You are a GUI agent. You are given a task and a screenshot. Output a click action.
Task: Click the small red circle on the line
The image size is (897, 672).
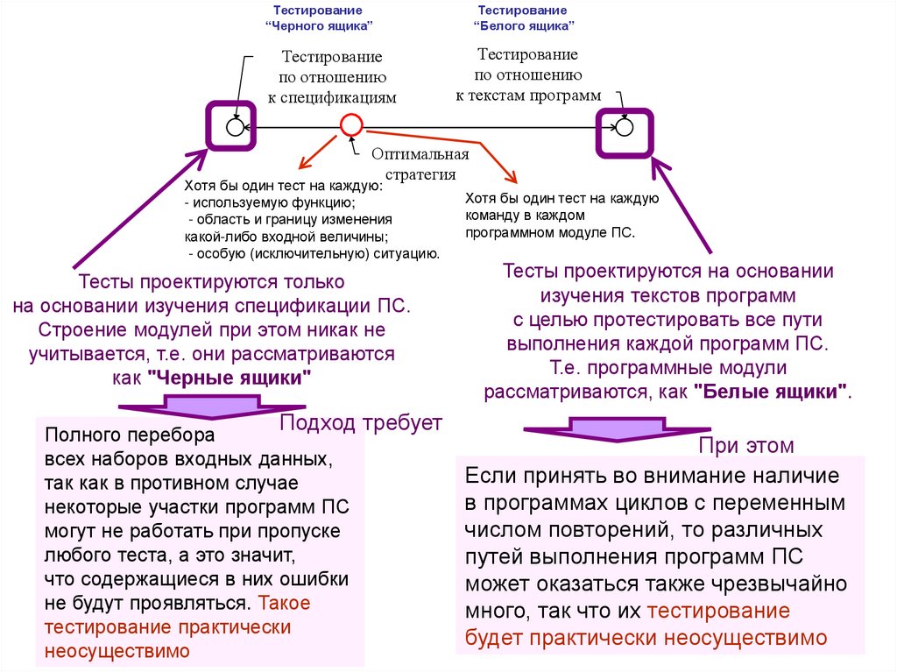tap(350, 125)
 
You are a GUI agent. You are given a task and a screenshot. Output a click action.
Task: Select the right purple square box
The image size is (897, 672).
tap(624, 134)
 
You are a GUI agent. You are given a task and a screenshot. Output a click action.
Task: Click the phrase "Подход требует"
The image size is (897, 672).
tap(361, 424)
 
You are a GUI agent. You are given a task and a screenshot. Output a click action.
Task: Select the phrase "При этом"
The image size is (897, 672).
tap(746, 445)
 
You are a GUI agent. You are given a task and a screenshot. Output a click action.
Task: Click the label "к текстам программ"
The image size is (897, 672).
tap(528, 95)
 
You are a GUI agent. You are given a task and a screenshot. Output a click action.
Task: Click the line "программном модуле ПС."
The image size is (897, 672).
tap(549, 234)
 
